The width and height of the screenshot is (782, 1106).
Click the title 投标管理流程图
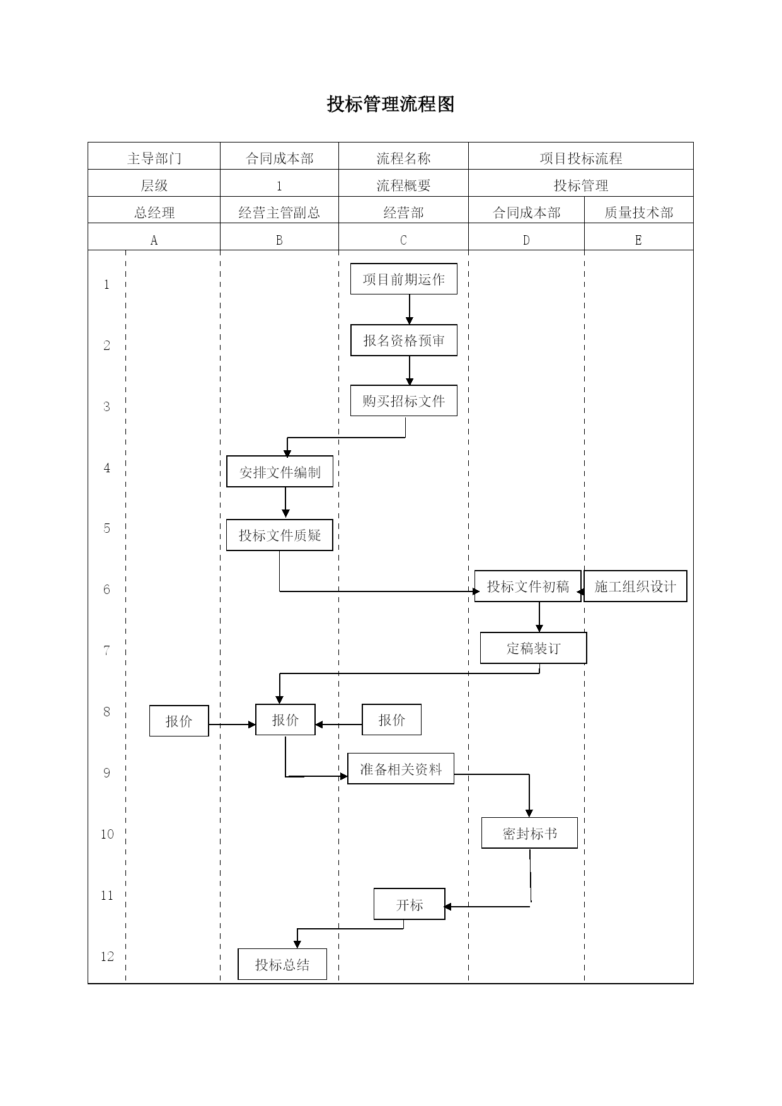(x=391, y=105)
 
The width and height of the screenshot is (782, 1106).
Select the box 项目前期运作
(x=404, y=279)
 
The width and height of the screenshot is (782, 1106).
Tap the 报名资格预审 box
(x=404, y=341)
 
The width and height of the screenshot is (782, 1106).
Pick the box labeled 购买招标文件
(x=404, y=401)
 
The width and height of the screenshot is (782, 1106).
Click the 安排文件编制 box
(x=280, y=472)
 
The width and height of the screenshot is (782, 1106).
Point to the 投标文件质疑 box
(x=280, y=535)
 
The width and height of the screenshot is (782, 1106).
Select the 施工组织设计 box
(x=635, y=586)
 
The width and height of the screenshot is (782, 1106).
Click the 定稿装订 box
(x=534, y=648)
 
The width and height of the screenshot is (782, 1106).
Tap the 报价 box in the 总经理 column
(x=179, y=721)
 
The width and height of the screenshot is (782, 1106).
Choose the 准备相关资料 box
(x=401, y=769)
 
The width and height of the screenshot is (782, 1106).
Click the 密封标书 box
(x=530, y=833)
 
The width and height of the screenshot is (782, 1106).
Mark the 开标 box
(x=410, y=904)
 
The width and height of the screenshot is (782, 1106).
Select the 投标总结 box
(x=282, y=964)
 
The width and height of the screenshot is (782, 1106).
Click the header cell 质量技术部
(x=639, y=212)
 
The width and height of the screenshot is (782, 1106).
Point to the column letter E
(x=638, y=240)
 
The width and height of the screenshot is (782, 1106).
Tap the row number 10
(x=107, y=834)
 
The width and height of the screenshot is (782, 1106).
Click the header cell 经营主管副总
(x=279, y=212)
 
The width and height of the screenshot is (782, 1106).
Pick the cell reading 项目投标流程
(x=581, y=158)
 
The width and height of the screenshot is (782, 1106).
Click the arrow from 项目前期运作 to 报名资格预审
(x=410, y=310)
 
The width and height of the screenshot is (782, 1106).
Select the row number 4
(x=106, y=468)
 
